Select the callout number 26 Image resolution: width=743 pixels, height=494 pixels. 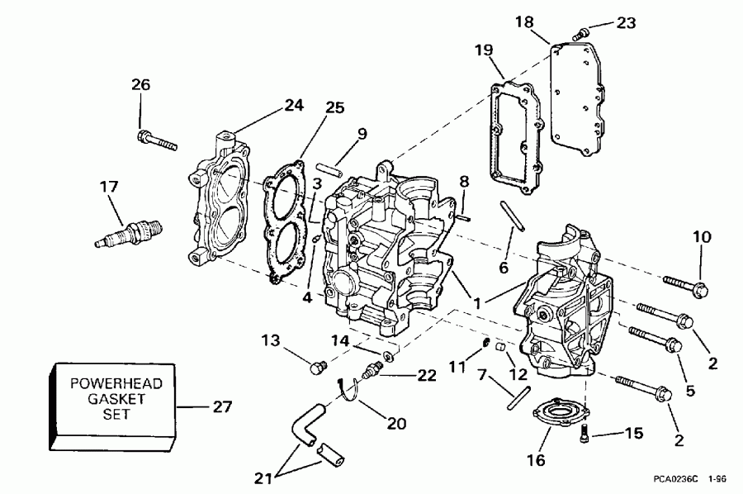click(141, 84)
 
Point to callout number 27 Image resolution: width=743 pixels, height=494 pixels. click(222, 406)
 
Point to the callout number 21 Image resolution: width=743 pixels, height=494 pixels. click(263, 477)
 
